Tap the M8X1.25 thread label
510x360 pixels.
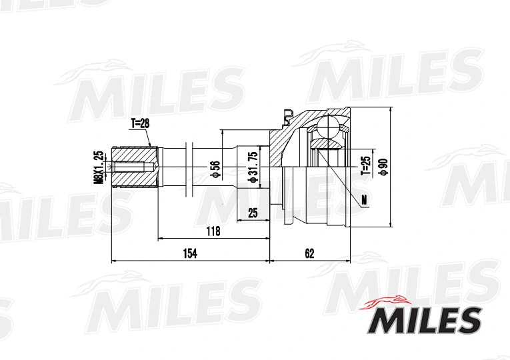click(98, 167)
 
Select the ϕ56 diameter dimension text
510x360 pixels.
click(215, 169)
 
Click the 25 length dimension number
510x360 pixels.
click(253, 213)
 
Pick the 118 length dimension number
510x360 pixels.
click(213, 231)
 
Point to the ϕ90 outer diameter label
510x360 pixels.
click(383, 167)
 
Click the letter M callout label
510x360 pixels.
click(363, 199)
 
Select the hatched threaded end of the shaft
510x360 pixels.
click(133, 167)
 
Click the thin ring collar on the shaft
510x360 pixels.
click(190, 167)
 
